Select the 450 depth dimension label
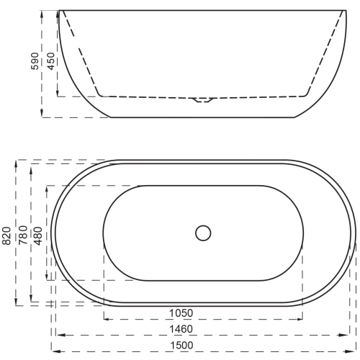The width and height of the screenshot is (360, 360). tap(51, 61)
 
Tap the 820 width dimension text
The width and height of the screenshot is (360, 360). tap(7, 235)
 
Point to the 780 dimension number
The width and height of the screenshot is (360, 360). tap(23, 235)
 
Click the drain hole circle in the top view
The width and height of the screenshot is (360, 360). tap(203, 233)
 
